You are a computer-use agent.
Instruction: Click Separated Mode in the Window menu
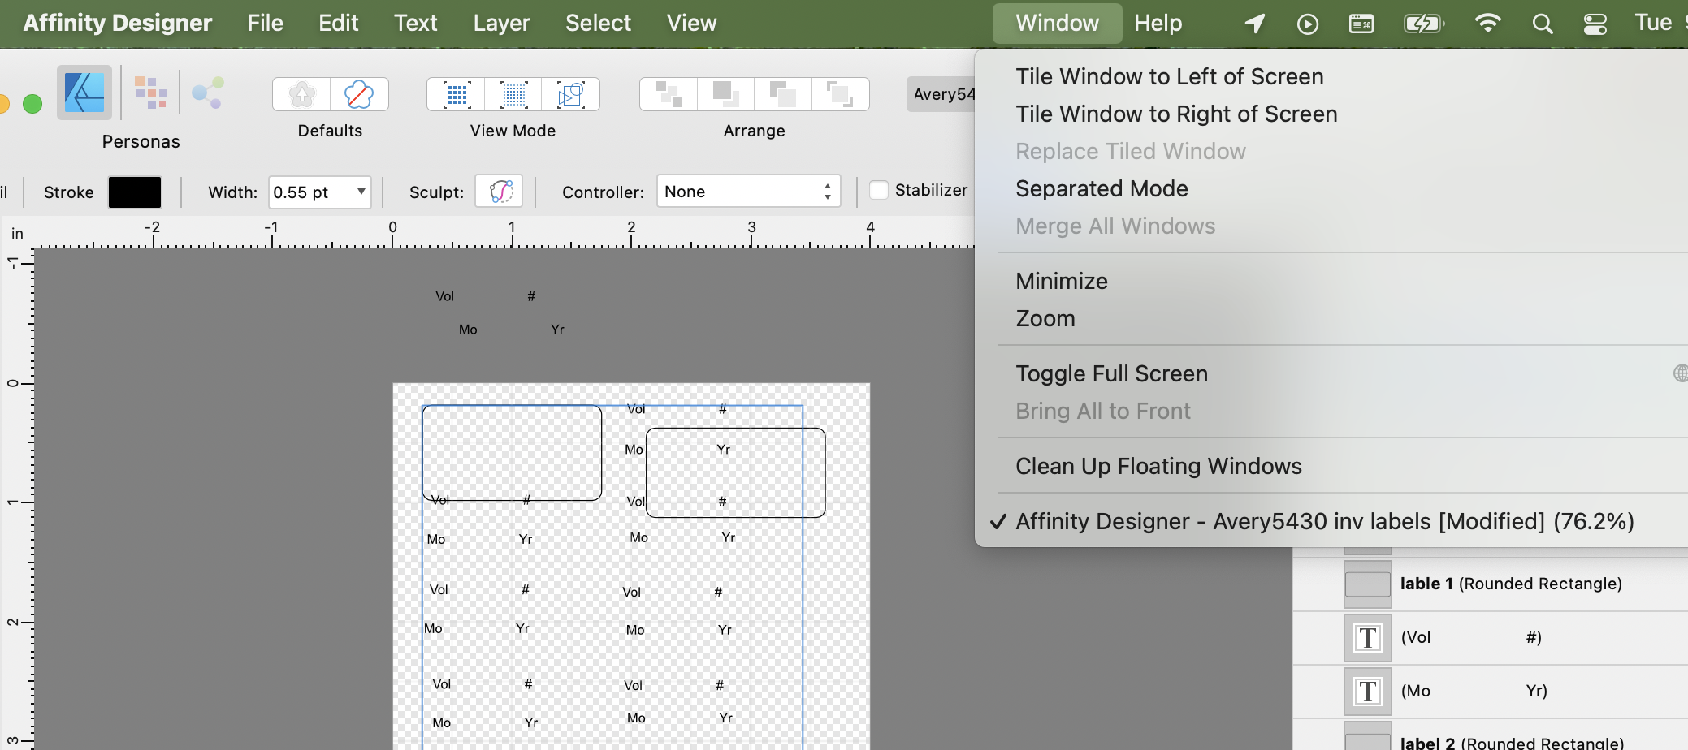1102,188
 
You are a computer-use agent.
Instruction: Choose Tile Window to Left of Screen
1169,76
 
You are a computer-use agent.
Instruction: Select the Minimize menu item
1061,281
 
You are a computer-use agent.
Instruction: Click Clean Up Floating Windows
1158,466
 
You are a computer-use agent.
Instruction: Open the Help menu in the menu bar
1158,23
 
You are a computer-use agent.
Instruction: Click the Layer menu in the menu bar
501,23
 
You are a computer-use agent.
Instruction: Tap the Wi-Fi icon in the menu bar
1487,23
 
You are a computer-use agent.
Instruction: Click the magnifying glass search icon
1542,24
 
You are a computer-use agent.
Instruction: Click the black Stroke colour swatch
135,192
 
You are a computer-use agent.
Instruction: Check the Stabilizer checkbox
878,190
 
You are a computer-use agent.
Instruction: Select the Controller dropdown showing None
747,192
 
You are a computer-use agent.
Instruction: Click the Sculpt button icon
499,192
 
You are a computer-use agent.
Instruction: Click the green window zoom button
32,104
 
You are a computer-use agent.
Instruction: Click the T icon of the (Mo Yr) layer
1368,691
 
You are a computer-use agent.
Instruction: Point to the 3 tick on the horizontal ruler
751,228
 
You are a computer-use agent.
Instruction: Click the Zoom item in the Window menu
1045,318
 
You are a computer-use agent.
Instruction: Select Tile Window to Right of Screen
1176,114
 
